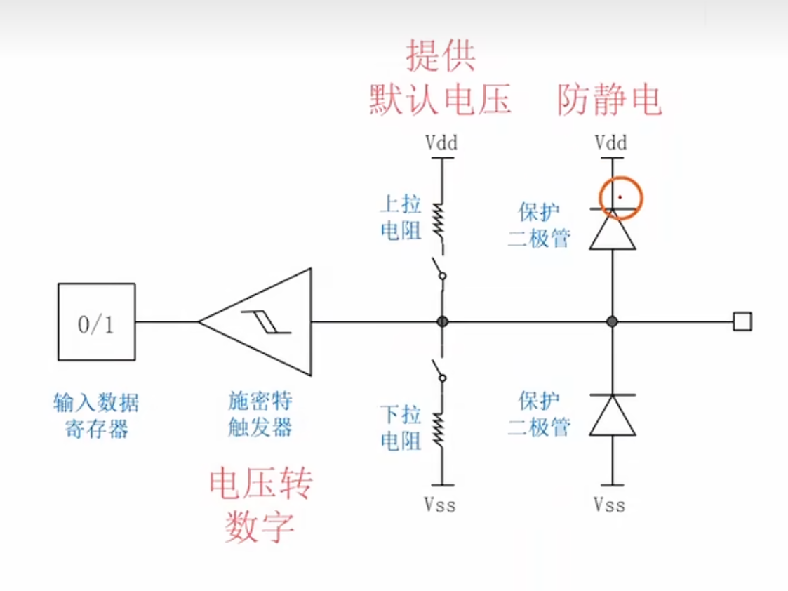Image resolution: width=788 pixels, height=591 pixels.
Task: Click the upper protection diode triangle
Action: pos(612,229)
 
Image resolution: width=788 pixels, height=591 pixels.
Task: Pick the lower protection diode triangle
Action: pos(612,415)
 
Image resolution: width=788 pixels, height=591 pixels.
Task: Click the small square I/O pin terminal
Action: pos(742,321)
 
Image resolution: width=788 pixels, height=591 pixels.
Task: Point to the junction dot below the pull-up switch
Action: pos(442,321)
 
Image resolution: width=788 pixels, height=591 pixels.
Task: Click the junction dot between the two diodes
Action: pos(612,321)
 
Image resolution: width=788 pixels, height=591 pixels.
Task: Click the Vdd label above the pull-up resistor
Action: pos(441,142)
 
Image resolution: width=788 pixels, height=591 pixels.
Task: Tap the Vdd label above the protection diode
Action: pos(610,142)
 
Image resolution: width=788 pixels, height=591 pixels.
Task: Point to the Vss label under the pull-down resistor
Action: pos(440,505)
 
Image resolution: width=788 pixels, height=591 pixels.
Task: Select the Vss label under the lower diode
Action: pos(610,505)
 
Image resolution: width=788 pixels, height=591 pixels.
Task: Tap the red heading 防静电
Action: pos(609,100)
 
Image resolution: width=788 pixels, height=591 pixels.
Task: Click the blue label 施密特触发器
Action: pos(260,414)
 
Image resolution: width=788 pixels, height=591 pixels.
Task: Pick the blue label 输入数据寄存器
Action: pos(96,416)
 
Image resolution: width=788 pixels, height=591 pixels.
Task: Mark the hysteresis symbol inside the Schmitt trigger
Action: pos(267,321)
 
